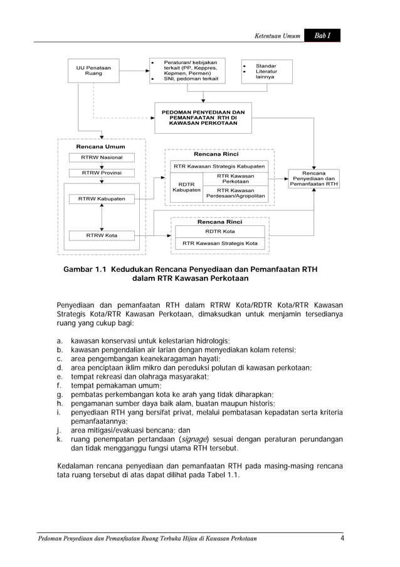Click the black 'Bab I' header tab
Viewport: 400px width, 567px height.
[322, 36]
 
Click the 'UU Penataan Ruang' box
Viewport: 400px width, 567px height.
[93, 70]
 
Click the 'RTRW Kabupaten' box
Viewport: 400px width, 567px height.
[102, 199]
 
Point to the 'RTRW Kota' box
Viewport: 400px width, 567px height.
[102, 235]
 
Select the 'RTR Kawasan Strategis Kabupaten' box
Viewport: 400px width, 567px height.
[219, 166]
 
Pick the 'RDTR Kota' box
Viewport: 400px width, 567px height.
[219, 231]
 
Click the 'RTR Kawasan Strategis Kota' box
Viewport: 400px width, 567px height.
[219, 243]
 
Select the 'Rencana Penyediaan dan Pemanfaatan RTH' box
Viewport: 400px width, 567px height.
[313, 179]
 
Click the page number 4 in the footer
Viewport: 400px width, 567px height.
[342, 538]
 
